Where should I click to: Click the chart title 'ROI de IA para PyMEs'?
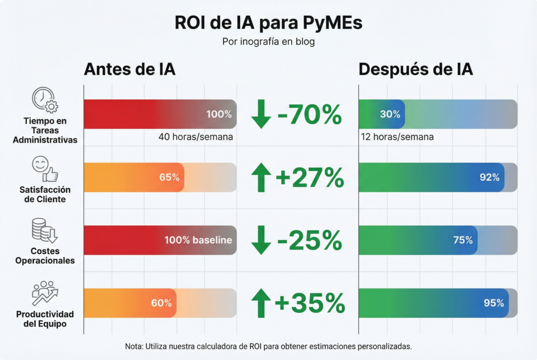pos(268,24)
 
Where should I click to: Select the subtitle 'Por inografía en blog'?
pos(268,42)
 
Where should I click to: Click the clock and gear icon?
pos(45,100)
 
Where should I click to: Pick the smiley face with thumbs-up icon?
pos(45,169)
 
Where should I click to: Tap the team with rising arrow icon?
pos(45,293)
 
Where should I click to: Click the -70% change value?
pos(309,115)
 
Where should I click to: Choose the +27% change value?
pos(309,178)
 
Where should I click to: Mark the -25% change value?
pos(309,241)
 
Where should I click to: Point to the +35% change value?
pos(309,303)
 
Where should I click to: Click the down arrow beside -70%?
pos(261,115)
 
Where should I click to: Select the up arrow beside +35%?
pos(261,303)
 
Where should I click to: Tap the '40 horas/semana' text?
pos(196,137)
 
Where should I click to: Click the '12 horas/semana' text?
pos(397,137)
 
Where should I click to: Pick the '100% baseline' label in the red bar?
pos(198,240)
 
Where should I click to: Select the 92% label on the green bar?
pos(489,178)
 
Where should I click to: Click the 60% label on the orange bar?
pos(161,303)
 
